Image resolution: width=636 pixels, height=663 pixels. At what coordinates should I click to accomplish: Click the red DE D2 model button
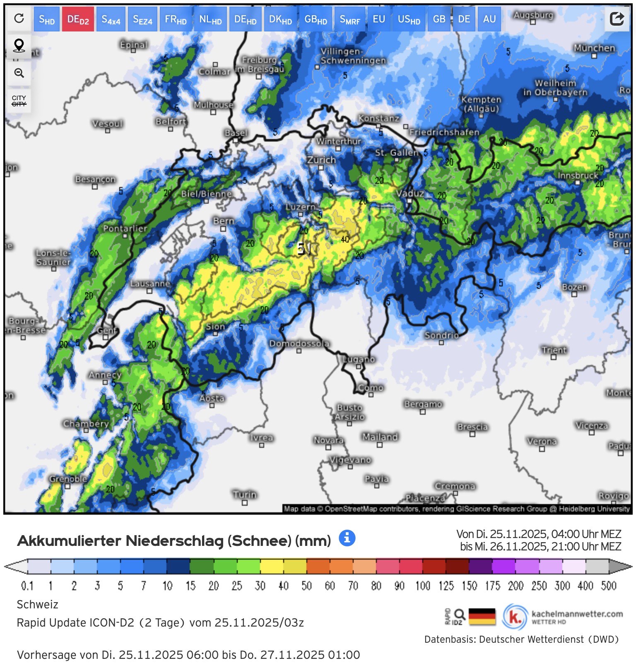tap(78, 19)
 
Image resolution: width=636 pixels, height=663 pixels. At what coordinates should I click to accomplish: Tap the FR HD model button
tap(176, 19)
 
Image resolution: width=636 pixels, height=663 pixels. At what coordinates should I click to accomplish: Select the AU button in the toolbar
tap(489, 19)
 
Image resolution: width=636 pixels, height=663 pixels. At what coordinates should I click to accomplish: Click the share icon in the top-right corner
tap(617, 19)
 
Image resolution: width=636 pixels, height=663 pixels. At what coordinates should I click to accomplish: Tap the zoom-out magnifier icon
tap(19, 73)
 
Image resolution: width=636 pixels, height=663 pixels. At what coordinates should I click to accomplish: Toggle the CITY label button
tap(19, 101)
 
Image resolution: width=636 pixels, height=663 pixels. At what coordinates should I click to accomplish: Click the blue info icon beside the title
tap(347, 538)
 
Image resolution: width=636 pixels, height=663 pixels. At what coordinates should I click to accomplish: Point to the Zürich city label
tap(321, 160)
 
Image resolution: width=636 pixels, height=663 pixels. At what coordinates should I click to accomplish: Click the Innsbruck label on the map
tap(578, 175)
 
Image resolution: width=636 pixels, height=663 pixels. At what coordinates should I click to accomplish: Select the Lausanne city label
tap(150, 283)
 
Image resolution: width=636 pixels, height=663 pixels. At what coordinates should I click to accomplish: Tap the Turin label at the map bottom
tap(244, 495)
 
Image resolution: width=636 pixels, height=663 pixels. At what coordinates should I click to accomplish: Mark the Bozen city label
tap(574, 287)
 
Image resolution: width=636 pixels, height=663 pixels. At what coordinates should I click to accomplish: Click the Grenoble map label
tap(68, 479)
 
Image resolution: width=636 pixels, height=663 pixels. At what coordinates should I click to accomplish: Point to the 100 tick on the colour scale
tap(423, 586)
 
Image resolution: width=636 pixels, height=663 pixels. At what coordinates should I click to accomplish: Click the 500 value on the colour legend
tap(608, 586)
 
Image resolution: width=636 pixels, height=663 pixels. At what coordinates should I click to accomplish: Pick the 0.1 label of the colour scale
tap(27, 586)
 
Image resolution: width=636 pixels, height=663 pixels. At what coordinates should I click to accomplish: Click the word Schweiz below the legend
tap(37, 604)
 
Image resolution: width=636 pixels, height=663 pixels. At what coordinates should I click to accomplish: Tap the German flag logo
tap(482, 617)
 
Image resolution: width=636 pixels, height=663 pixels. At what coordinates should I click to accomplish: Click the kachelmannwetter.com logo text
tap(577, 614)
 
